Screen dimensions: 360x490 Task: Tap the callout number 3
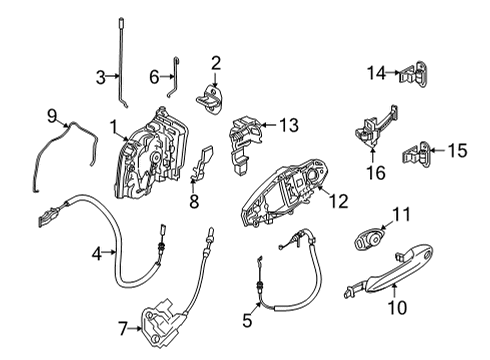coord(100,77)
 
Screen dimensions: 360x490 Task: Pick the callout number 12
coord(339,202)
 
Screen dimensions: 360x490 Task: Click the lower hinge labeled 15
coord(420,152)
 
